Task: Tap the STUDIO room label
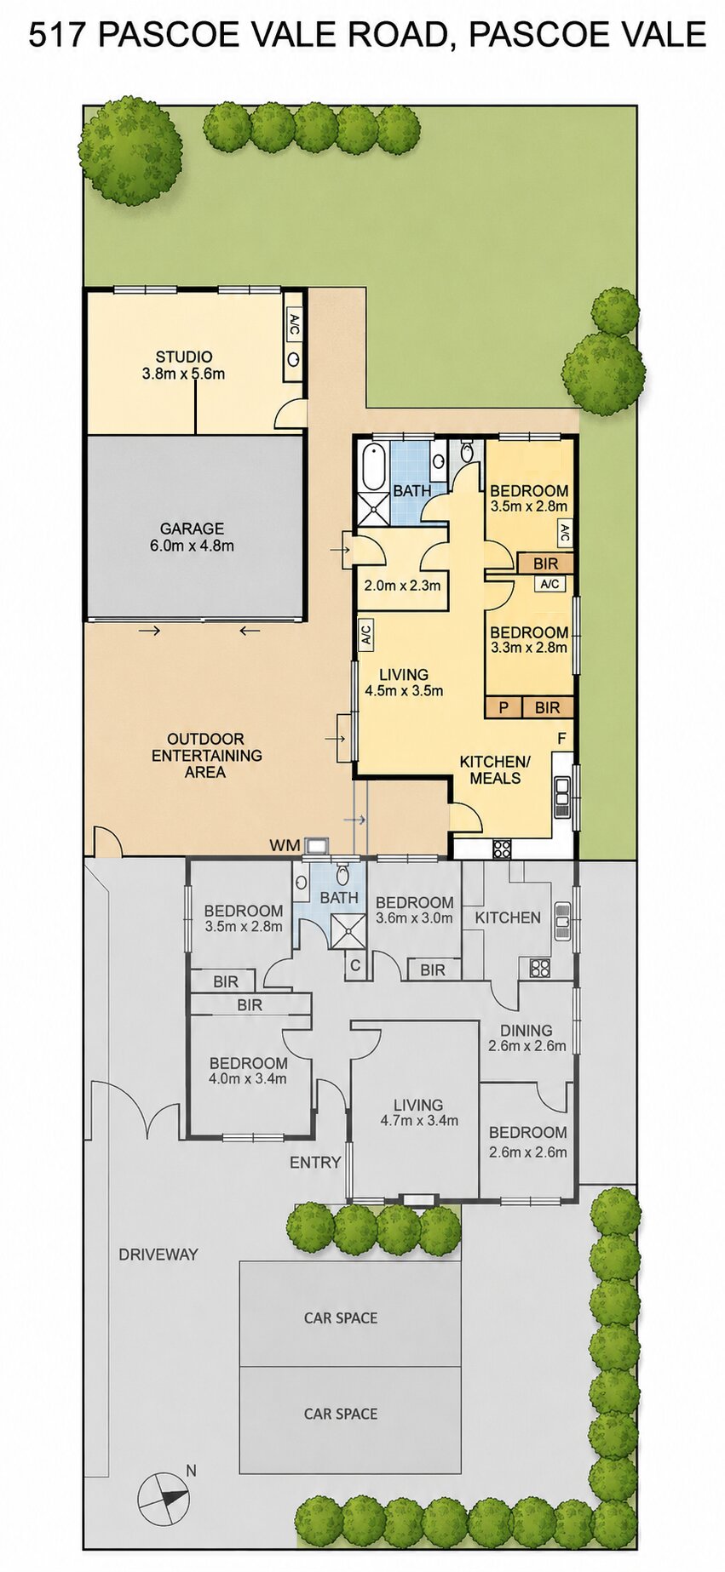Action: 184,357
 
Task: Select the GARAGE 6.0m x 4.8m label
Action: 192,537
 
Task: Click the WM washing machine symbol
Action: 317,845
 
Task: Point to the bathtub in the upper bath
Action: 373,466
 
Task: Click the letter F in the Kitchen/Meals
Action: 561,739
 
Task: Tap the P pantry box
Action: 503,707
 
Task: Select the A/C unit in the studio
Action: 294,324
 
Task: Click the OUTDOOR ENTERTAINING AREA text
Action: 206,755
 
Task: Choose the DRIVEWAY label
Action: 158,1254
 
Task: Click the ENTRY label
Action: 315,1162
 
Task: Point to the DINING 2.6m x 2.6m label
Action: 526,1038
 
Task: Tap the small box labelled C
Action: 356,966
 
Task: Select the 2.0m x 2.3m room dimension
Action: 402,586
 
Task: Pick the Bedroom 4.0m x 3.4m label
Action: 248,1071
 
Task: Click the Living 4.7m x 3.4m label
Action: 418,1112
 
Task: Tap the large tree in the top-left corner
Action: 131,150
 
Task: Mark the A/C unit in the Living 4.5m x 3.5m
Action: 365,634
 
